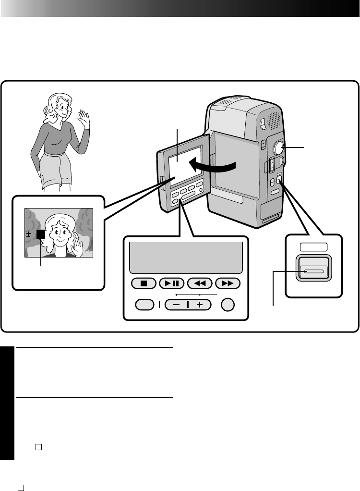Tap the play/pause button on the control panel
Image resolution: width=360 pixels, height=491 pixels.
tap(171, 283)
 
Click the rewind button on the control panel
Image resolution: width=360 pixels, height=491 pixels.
tap(199, 283)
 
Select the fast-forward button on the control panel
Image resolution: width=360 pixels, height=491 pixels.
tap(228, 283)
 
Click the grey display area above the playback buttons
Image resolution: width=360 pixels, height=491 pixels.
tap(186, 257)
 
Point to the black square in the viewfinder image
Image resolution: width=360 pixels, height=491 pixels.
tap(40, 234)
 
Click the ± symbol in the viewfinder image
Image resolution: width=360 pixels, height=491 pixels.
tap(29, 234)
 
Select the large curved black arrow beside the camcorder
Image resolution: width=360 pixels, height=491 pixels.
tap(211, 166)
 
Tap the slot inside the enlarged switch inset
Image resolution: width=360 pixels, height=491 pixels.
tap(313, 271)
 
